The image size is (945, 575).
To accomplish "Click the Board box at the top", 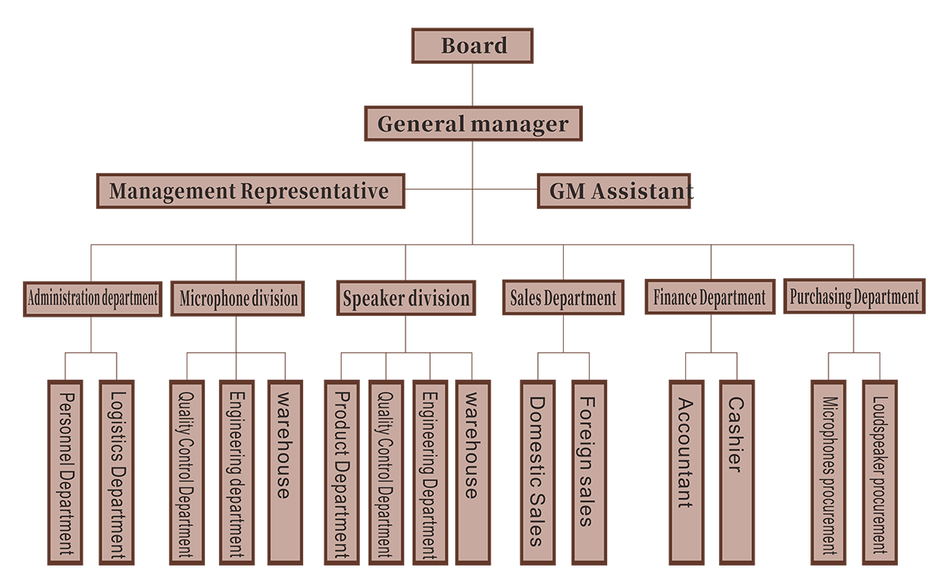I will point(472,46).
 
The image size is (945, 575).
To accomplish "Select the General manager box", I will point(473,124).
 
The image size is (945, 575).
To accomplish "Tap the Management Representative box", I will point(250,191).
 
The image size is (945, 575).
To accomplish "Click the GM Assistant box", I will point(613,191).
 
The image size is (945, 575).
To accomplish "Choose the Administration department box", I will point(93,299).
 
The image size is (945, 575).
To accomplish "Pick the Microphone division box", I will point(238,299).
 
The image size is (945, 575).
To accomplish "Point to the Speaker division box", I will point(406,299).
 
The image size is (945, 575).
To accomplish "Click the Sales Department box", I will point(562,299).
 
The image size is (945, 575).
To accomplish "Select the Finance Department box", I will point(709,298).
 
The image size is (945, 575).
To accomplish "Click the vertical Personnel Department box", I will point(66,473).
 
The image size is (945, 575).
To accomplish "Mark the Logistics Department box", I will point(117,473).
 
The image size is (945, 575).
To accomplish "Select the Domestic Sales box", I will point(535,473).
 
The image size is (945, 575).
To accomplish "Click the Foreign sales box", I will point(587,473).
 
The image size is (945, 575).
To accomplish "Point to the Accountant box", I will point(686,473).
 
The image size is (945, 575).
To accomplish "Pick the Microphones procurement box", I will point(828,473).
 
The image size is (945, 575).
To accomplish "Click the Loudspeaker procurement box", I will point(880,473).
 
